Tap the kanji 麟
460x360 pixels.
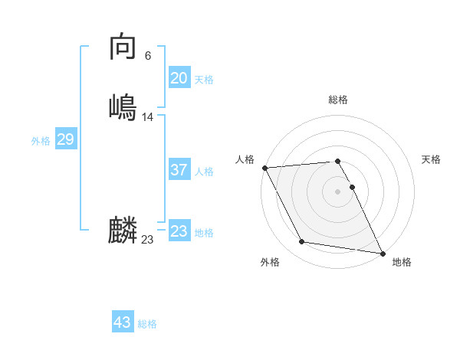tap(123, 231)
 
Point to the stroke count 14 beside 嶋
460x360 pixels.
tap(148, 117)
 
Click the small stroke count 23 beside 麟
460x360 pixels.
tap(148, 240)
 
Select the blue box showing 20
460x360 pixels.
tap(179, 78)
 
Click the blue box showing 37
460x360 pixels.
tap(179, 170)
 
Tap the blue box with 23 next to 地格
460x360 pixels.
tap(179, 231)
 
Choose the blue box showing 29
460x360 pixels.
tap(65, 139)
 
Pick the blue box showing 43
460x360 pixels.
tap(123, 322)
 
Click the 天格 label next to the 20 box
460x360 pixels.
tap(204, 80)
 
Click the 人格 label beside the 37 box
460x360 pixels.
tap(204, 172)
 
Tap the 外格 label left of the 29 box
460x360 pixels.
tap(41, 141)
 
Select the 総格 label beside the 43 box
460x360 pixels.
tap(147, 324)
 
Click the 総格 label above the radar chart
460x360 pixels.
tap(337, 100)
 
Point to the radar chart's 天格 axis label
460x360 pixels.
tap(431, 159)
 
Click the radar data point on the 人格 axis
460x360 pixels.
tap(264, 168)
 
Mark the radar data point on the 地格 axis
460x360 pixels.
tap(382, 252)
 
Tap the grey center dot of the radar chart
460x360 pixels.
tap(337, 191)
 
